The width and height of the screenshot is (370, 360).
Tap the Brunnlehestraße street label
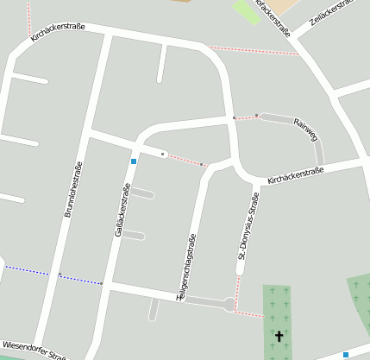(72, 189)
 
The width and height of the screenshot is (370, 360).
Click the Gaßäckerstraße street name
(122, 210)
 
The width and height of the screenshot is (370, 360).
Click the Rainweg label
(305, 129)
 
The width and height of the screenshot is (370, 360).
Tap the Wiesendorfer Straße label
(34, 351)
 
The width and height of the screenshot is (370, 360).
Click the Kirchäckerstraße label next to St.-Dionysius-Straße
(295, 176)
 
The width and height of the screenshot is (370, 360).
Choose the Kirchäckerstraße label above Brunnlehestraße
(57, 33)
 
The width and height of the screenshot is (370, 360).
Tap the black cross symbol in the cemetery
(279, 335)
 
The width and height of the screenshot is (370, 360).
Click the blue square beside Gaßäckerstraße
(134, 161)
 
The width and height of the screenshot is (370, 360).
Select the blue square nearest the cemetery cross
(346, 354)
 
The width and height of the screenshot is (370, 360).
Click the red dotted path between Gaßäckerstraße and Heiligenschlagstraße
(183, 159)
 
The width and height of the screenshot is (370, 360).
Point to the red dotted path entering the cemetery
(249, 313)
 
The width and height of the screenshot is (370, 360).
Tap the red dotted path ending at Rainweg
(245, 117)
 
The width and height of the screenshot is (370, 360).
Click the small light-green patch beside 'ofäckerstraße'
(247, 11)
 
